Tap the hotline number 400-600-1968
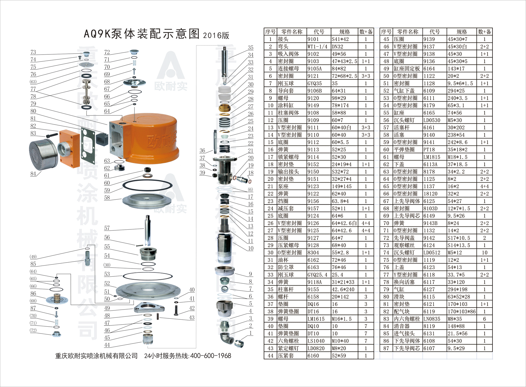[x=211, y=356]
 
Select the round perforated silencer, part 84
[x=43, y=154]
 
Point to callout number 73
[x=33, y=52]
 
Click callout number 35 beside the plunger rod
[x=251, y=48]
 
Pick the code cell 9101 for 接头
[x=313, y=39]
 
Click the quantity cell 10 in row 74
[x=485, y=252]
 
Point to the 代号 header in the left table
[x=319, y=32]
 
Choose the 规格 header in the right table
[x=462, y=32]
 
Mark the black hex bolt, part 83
[x=52, y=135]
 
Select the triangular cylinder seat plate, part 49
[x=149, y=308]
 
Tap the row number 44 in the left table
[x=271, y=355]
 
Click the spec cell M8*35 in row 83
[x=455, y=319]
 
